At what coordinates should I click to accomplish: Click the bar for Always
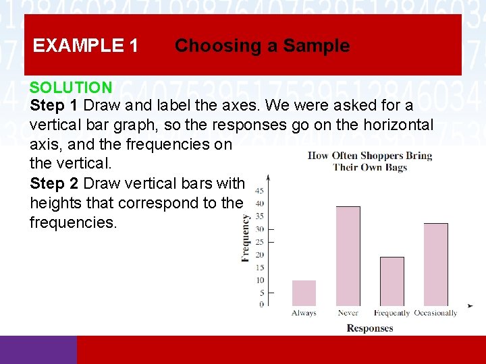304,293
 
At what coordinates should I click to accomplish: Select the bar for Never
348,256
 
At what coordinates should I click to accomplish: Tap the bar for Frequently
391,282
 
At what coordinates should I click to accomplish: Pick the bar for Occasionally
435,264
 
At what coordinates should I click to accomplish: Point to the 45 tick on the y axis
259,191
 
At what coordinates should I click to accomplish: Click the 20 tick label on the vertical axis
259,255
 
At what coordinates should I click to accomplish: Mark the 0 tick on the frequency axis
261,305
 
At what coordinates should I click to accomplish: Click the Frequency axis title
246,237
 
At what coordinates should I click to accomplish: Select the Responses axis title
369,328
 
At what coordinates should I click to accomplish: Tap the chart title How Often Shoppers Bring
369,156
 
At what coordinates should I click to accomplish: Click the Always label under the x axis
304,313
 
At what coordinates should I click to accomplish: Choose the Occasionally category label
435,313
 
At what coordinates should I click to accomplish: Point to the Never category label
348,313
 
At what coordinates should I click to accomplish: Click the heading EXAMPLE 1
86,46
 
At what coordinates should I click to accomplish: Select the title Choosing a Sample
262,46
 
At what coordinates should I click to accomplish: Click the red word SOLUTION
71,87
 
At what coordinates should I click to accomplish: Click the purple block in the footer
38,350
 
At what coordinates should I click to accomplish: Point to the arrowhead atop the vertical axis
269,178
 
